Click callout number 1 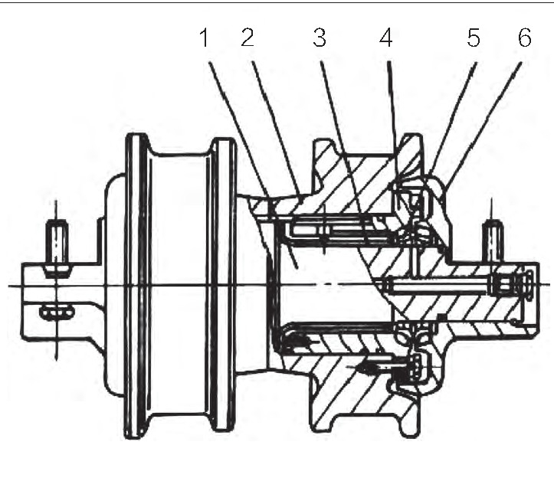click(205, 38)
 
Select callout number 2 click(247, 38)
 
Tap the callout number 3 click(320, 38)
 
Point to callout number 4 click(386, 38)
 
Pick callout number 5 click(474, 38)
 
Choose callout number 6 click(525, 38)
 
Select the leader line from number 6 click(483, 126)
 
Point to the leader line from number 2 click(277, 128)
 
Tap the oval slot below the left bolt click(57, 313)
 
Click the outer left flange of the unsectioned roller click(137, 286)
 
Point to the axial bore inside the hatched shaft click(438, 285)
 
